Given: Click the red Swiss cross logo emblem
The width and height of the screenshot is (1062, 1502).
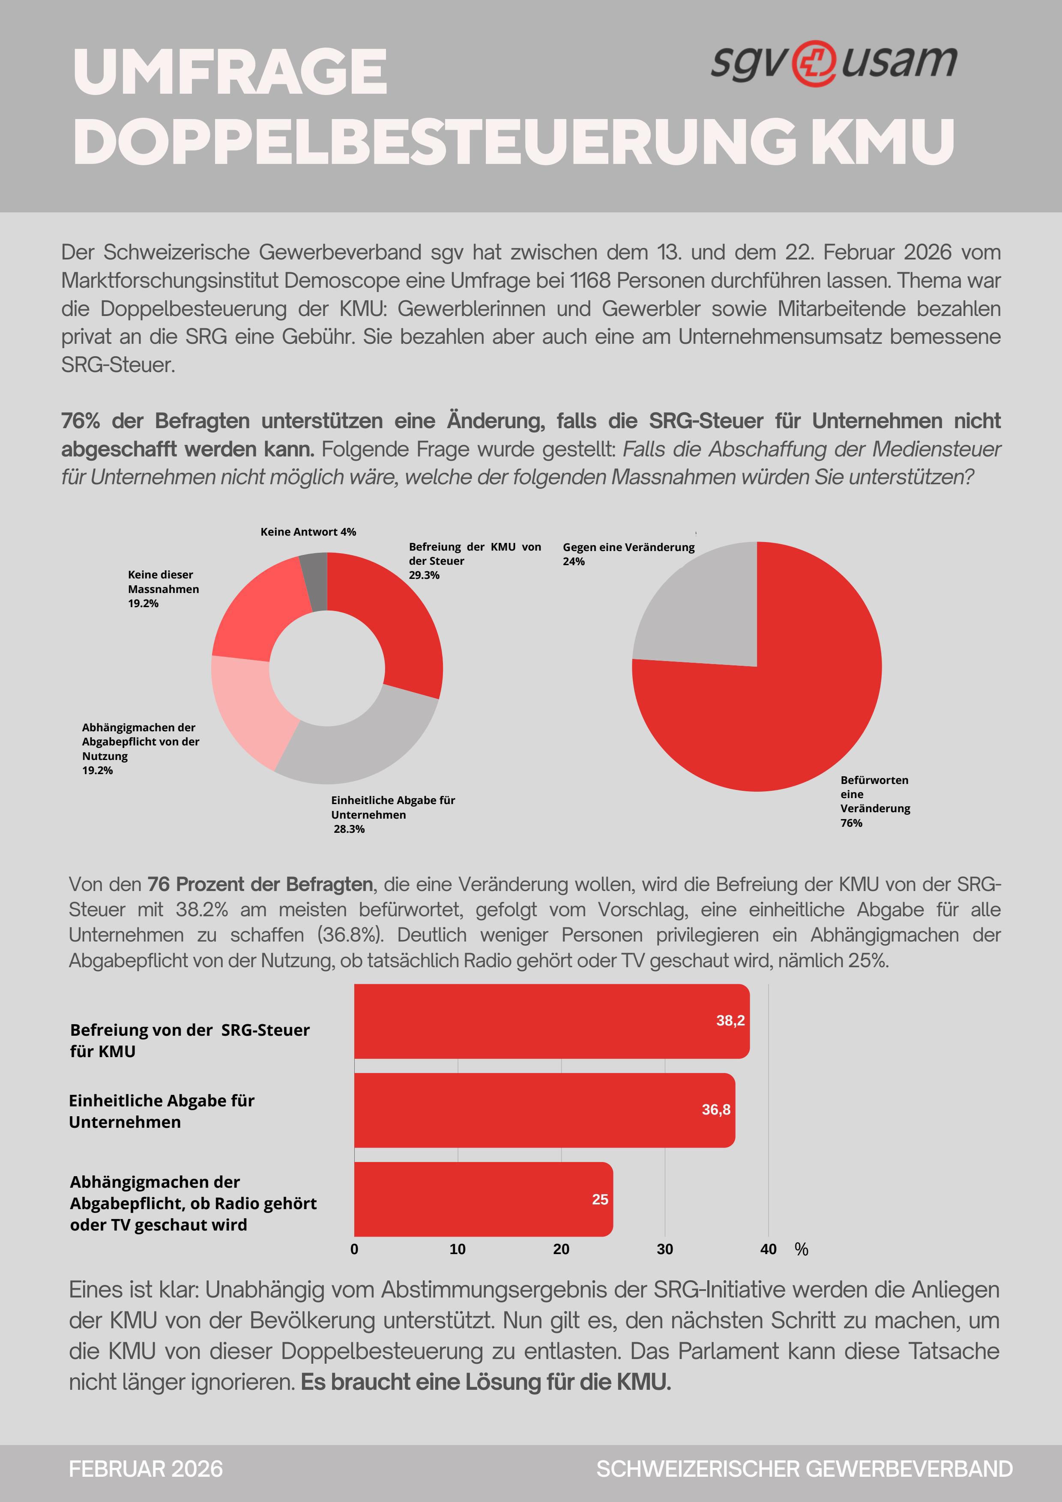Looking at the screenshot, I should coord(814,63).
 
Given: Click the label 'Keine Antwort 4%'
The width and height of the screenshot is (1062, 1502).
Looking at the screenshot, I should coord(308,532).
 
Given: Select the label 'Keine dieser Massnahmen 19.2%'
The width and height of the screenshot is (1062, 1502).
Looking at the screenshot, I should coord(163,589).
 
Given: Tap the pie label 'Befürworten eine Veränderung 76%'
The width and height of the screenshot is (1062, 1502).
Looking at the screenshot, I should coord(875,802).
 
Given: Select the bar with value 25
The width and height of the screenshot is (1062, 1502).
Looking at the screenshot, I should coord(483,1199).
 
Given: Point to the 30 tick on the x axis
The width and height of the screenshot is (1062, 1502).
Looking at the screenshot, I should coord(665,1249).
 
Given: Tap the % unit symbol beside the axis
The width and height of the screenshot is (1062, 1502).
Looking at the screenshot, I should coord(802,1249).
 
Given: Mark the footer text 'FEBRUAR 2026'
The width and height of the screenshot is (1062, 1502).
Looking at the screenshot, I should coord(146,1469).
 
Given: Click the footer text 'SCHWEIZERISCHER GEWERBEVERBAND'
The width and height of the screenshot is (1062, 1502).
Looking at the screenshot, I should coord(804,1469).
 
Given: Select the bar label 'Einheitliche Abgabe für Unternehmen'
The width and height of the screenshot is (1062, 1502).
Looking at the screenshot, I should coord(162,1111).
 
